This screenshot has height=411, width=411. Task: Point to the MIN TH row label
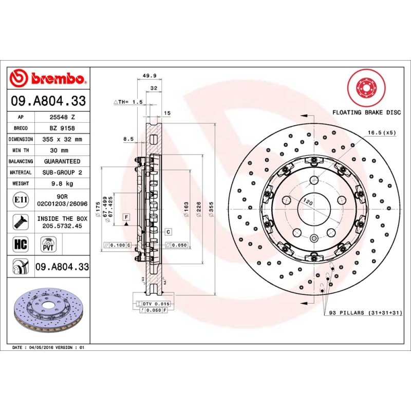click(21, 151)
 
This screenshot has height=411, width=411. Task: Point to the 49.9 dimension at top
click(149, 76)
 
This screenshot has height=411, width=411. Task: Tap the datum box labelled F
click(125, 218)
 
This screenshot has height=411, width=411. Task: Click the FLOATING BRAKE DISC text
click(366, 111)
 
